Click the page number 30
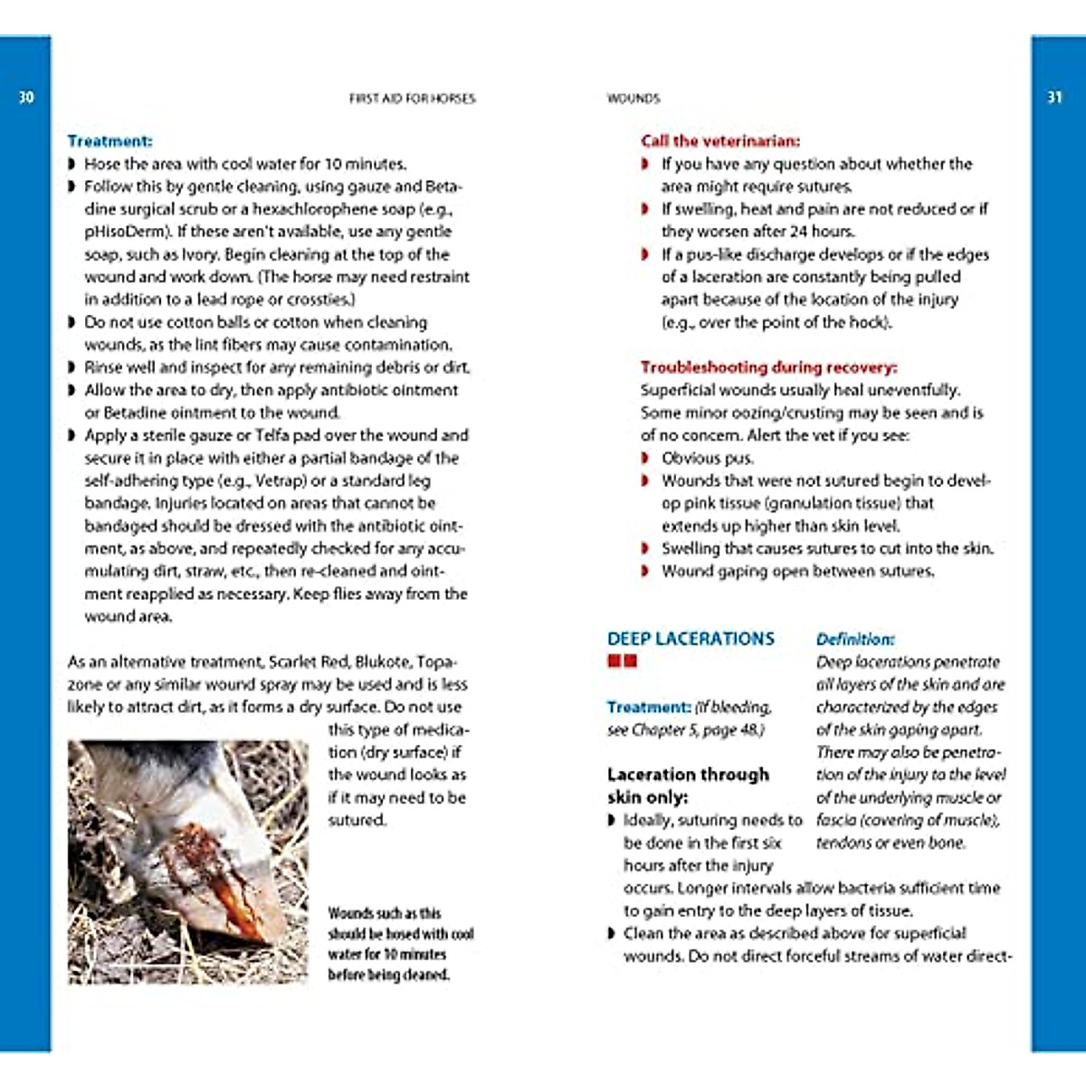pyautogui.click(x=26, y=97)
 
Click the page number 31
pyautogui.click(x=1054, y=97)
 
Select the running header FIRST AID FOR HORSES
pyautogui.click(x=412, y=98)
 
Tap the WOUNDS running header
pyautogui.click(x=633, y=98)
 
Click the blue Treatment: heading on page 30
pyautogui.click(x=110, y=141)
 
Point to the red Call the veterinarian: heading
pyautogui.click(x=720, y=141)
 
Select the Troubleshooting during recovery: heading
pyautogui.click(x=768, y=367)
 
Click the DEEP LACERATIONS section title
pyautogui.click(x=691, y=639)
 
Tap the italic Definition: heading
pyautogui.click(x=855, y=639)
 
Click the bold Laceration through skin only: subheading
pyautogui.click(x=688, y=786)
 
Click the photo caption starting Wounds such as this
pyautogui.click(x=400, y=944)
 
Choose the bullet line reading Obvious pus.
pyautogui.click(x=707, y=458)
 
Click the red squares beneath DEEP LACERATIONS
pyautogui.click(x=622, y=662)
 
